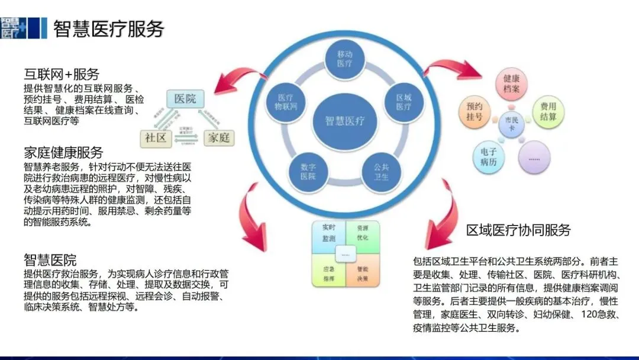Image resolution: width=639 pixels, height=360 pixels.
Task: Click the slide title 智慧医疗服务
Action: click(x=108, y=28)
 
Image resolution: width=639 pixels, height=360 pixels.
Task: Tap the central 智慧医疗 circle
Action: click(x=344, y=121)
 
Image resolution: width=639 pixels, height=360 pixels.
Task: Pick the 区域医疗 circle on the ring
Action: click(x=404, y=102)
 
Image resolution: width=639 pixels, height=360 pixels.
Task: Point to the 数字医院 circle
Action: click(x=307, y=172)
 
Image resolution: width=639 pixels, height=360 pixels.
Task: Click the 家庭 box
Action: click(x=217, y=138)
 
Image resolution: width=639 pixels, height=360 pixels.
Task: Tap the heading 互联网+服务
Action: click(x=61, y=75)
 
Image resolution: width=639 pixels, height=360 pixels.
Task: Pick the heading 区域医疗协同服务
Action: click(x=518, y=230)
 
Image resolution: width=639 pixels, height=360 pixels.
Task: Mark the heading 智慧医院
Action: click(x=50, y=260)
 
